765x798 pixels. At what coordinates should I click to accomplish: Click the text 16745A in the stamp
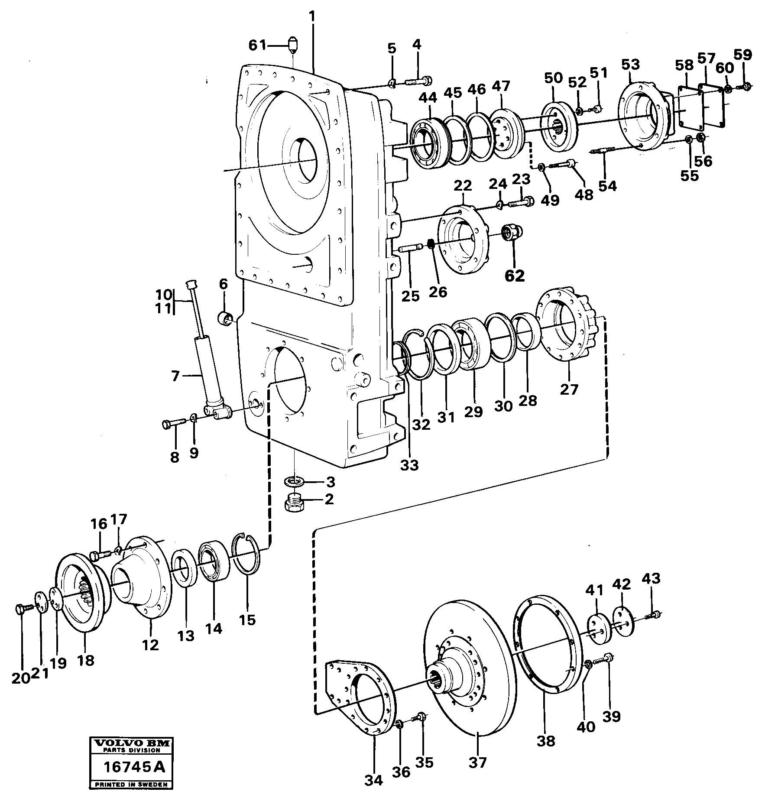coord(134,767)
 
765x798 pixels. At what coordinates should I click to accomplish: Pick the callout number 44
coord(428,98)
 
